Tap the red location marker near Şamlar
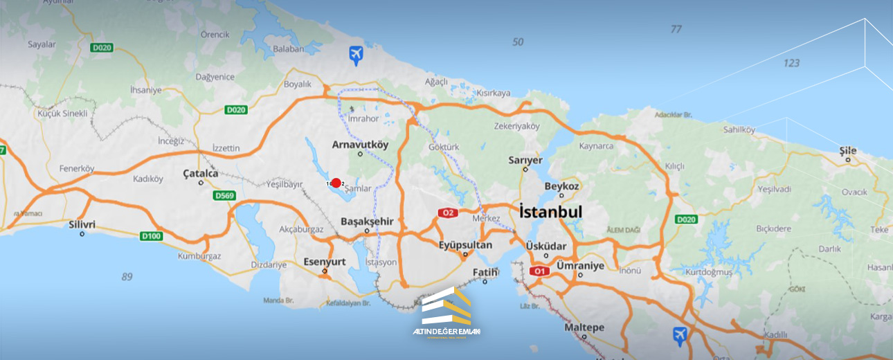[x=336, y=183]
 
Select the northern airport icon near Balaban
[x=356, y=55]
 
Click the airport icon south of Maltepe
[x=680, y=336]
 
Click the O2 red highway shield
[x=448, y=213]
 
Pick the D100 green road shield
[x=151, y=237]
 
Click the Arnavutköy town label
[x=360, y=145]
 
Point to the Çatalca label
[x=201, y=174]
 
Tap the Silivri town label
[x=82, y=224]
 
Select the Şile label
[x=847, y=151]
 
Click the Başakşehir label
[x=367, y=222]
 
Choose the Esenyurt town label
[x=324, y=262]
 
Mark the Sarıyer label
[x=525, y=160]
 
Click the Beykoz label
[x=561, y=186]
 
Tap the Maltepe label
[x=584, y=327]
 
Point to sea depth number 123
[x=791, y=63]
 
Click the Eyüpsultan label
[x=465, y=245]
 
